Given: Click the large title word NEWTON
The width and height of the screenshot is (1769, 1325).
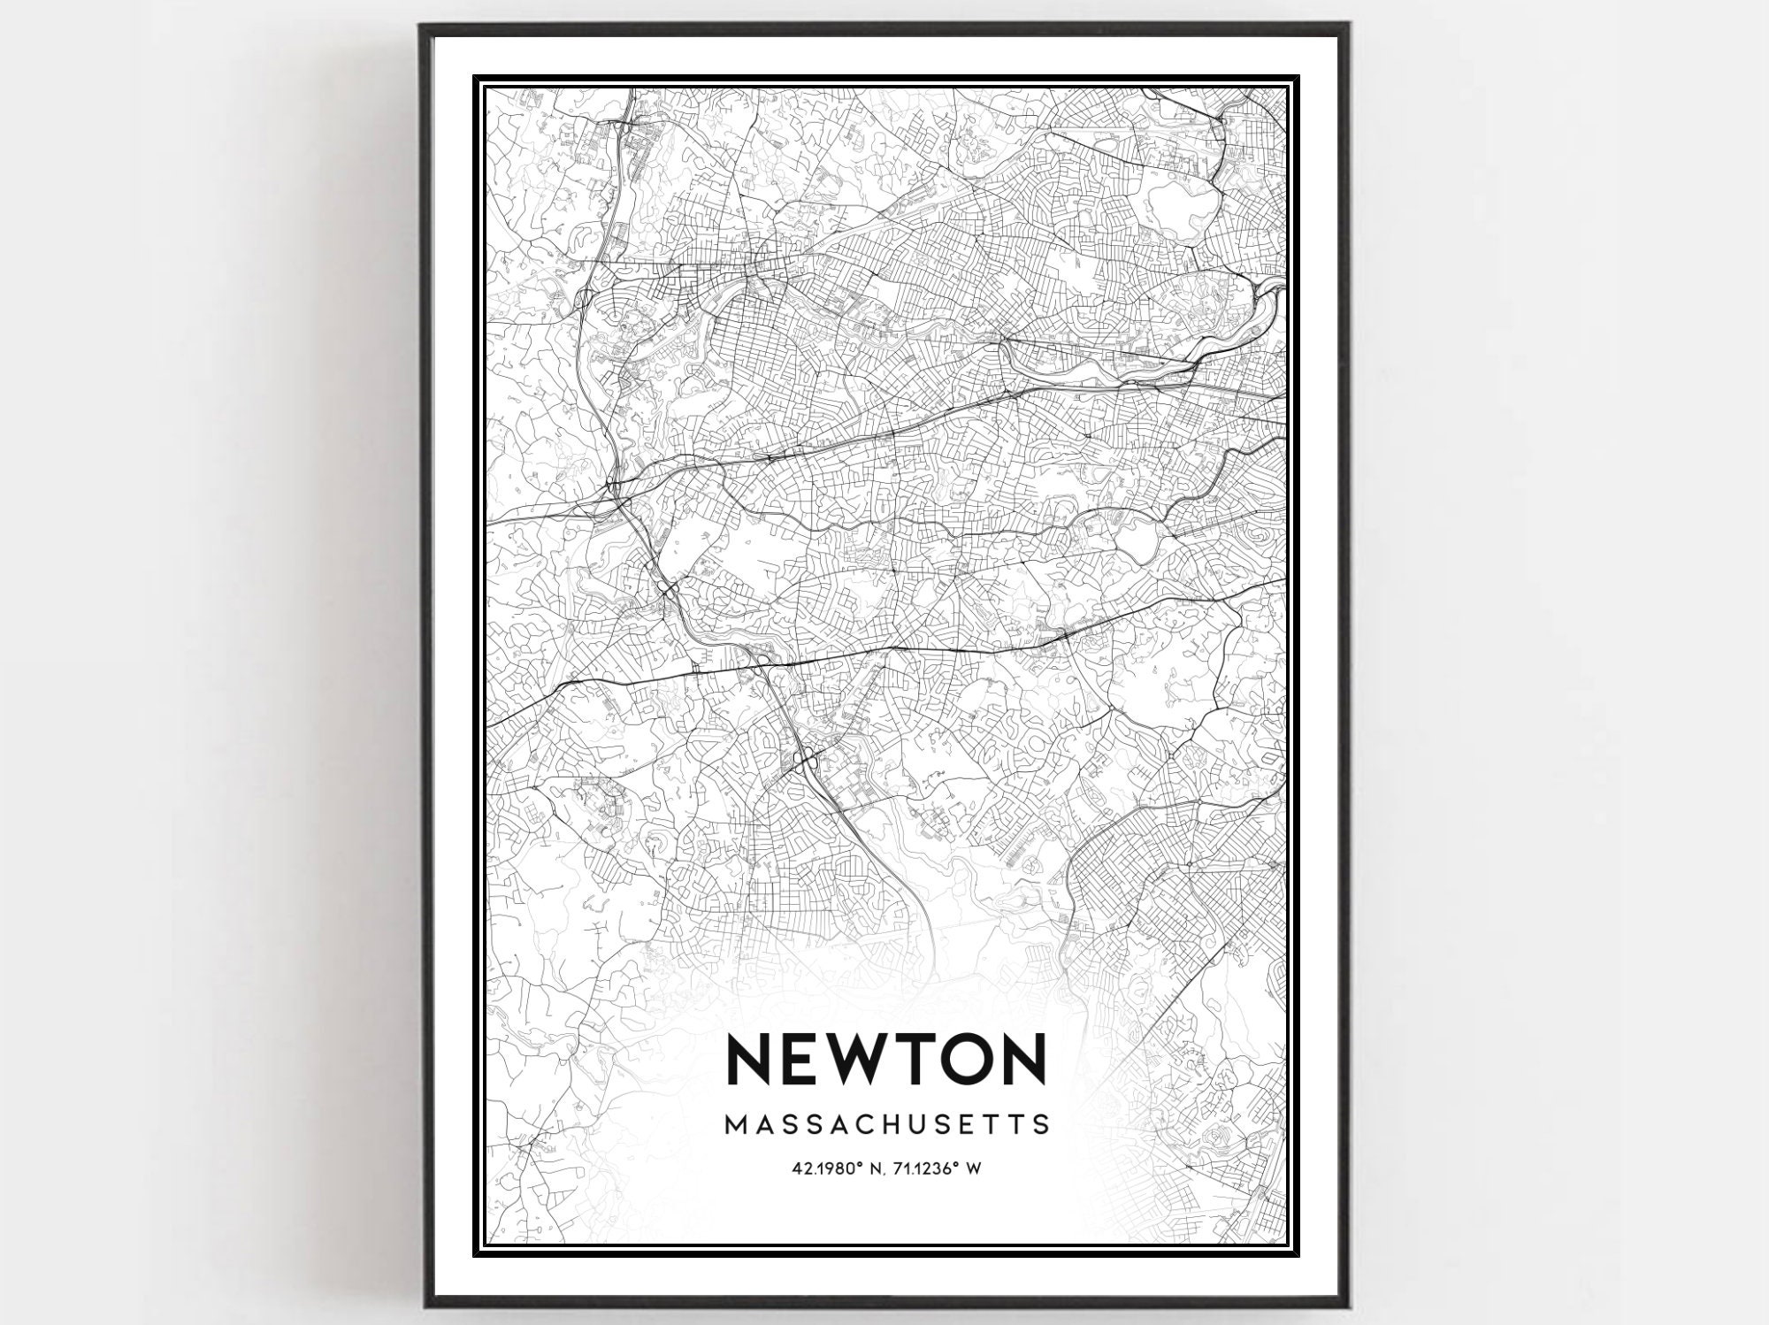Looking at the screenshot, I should [x=886, y=1059].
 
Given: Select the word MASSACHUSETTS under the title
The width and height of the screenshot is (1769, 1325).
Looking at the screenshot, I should [x=887, y=1124].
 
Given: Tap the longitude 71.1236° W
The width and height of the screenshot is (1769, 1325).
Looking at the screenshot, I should [x=941, y=1168].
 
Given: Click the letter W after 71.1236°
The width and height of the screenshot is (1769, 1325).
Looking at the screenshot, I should [x=974, y=1168].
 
